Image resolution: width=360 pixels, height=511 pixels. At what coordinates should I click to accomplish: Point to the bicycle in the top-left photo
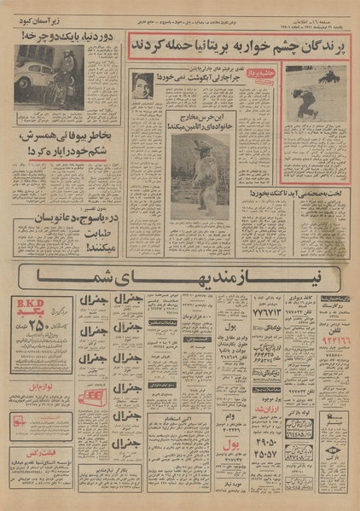pos(61,90)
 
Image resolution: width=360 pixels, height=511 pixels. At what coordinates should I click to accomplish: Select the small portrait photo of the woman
pos(142,85)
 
